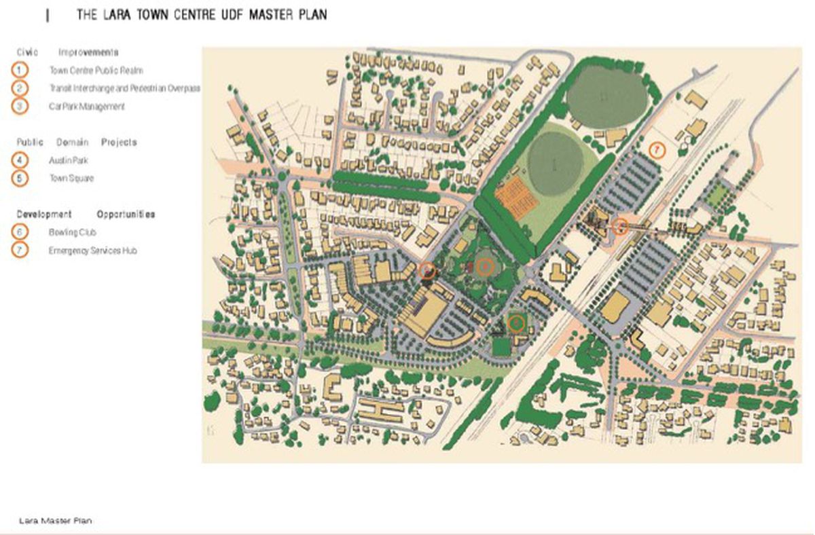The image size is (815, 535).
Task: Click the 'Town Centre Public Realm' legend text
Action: [96, 71]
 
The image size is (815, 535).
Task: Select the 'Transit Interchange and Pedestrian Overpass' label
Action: [124, 88]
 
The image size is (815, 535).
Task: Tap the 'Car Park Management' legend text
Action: [87, 107]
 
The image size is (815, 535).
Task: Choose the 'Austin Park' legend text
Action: [68, 161]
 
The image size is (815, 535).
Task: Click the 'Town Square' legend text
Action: [71, 179]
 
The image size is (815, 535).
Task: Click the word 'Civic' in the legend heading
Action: [27, 52]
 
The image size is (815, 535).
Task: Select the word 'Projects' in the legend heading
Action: [119, 143]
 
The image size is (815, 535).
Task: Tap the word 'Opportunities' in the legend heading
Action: [126, 215]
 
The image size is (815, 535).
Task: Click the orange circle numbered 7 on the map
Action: [656, 149]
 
